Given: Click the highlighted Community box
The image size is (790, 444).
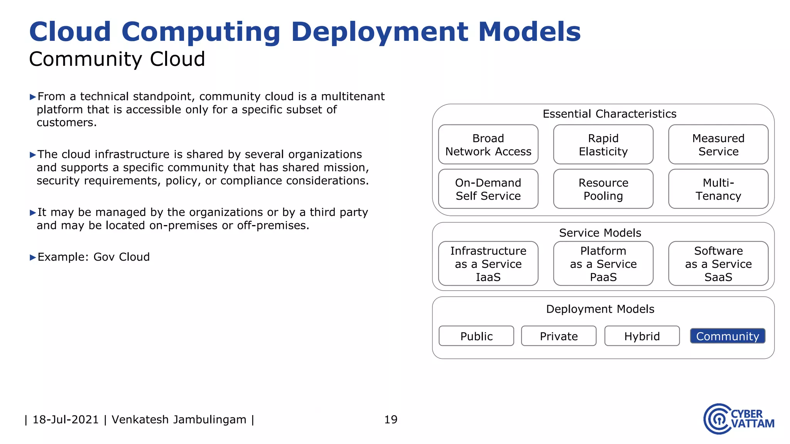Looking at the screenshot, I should pos(728,336).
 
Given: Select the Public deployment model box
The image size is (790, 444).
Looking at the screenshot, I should pos(476,336).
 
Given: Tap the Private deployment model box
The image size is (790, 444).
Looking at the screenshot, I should pos(559,336).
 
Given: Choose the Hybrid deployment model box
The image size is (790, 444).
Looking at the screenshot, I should pos(642,336).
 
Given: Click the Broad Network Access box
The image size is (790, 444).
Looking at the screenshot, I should pos(488,145).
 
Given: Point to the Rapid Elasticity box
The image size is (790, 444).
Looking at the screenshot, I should pos(603,145).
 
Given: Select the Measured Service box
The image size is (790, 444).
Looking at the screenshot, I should pos(718,145).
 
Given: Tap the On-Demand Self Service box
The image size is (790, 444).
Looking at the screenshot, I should pos(488,189).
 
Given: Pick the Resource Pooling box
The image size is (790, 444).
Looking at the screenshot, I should pos(603,189).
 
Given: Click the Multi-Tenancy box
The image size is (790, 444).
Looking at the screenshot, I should pos(718,189).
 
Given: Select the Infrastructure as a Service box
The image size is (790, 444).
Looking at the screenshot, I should pos(488,264).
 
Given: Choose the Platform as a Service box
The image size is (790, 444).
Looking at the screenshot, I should pos(603,264).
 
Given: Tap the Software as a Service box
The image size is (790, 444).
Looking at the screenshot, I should pos(718,264).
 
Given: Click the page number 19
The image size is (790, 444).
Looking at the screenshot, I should pos(391,419).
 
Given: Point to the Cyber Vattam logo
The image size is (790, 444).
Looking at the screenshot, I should pos(738,419).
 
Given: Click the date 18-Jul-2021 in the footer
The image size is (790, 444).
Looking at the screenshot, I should pos(66,419).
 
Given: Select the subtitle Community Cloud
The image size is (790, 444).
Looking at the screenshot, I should pos(117,59).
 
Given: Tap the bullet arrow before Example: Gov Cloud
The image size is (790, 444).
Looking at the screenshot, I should pos(33,257).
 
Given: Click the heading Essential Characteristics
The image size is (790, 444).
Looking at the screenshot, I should pos(609,114).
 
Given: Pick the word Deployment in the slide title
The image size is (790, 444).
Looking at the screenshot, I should pos(380,32).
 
